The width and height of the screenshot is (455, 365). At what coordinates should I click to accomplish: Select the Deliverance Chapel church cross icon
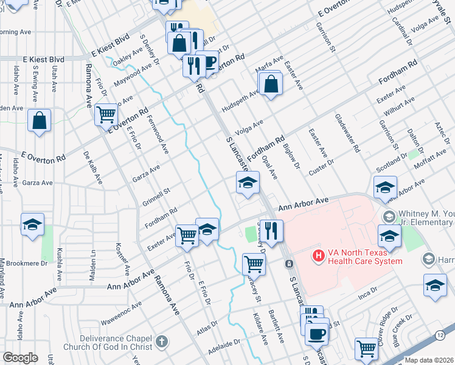[x=161, y=341]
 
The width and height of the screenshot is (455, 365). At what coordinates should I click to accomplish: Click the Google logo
[x=20, y=358]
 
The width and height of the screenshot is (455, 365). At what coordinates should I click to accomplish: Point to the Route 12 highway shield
[x=440, y=335]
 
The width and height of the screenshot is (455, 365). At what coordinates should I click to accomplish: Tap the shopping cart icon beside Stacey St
[x=253, y=264]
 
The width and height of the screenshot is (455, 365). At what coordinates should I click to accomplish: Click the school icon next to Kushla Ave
[x=32, y=224]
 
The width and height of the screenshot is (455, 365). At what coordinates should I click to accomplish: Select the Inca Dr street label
[x=367, y=291]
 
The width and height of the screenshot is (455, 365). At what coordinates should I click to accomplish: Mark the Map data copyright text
[x=429, y=360]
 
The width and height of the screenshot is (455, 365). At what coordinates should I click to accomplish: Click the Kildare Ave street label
[x=260, y=329]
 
